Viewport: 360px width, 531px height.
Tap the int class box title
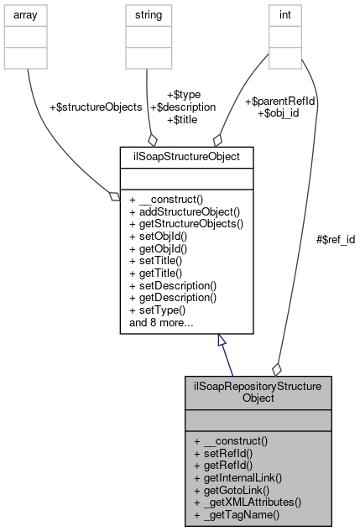[284, 15]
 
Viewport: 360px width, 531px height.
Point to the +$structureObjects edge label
[96, 107]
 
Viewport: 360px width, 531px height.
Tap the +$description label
[180, 107]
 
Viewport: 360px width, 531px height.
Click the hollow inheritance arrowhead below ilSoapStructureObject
[222, 341]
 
